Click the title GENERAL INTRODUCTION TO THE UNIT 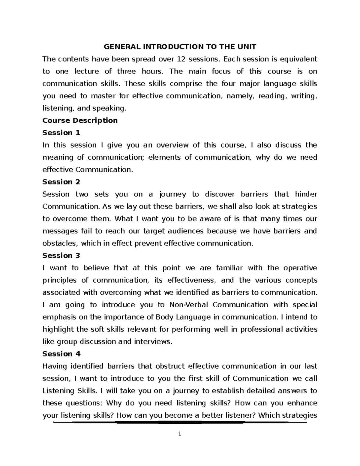(180, 47)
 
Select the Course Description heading (80, 120)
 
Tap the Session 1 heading (61, 133)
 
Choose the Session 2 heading (61, 182)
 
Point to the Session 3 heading (61, 256)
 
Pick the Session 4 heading (61, 354)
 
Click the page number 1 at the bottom (179, 434)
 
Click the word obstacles (59, 243)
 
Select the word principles (60, 280)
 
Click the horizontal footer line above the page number (180, 422)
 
